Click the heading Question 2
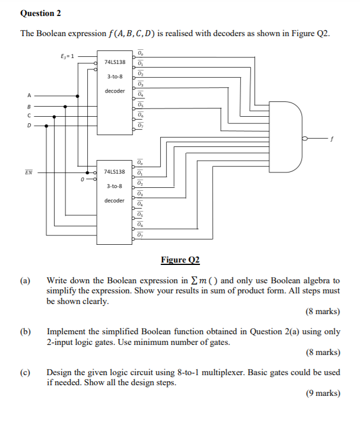coord(41,13)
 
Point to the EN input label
coord(28,172)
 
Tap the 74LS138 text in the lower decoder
coord(114,171)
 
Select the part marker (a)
coord(26,280)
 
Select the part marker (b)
coord(26,332)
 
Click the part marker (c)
coord(26,372)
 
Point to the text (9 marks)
coord(323,393)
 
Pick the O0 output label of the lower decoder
coord(139,162)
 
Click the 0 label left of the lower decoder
coord(82,177)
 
